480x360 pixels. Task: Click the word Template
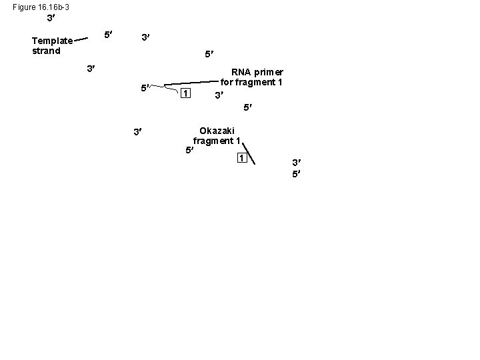coord(53,41)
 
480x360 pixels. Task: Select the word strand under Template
coord(46,51)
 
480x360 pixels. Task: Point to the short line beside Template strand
coord(81,39)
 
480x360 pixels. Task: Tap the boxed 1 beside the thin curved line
coord(186,93)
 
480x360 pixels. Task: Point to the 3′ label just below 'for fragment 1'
coord(219,96)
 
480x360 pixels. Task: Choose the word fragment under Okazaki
coord(213,141)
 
